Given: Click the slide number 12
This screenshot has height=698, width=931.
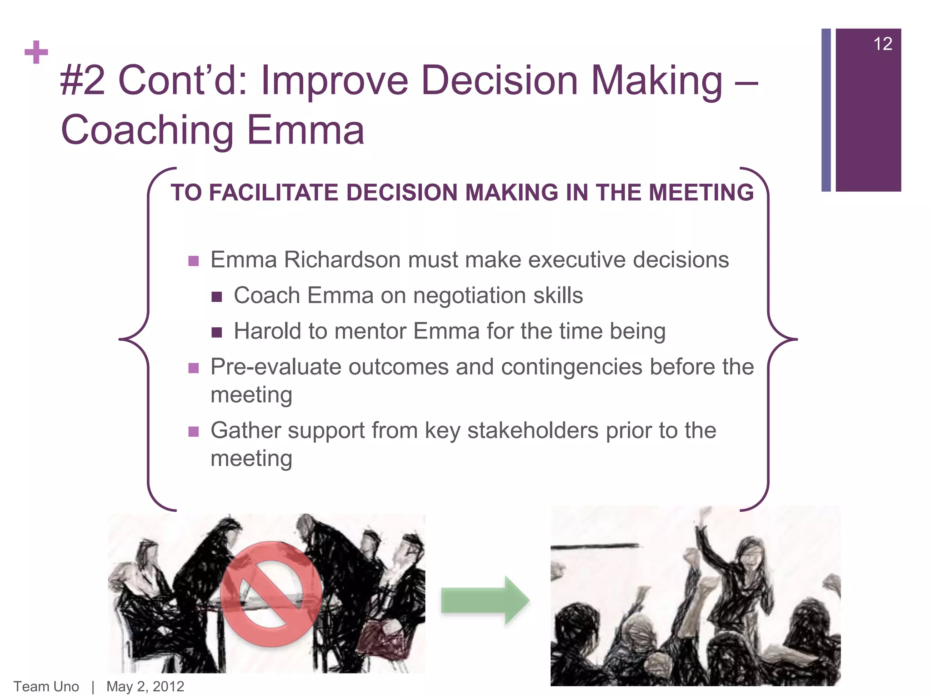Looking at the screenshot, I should (x=882, y=44).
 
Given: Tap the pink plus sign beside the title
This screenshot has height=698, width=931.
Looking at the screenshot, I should (x=36, y=52).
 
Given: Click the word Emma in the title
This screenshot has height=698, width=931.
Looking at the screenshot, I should (x=305, y=130).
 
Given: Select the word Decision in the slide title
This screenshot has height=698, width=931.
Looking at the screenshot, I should (x=499, y=81).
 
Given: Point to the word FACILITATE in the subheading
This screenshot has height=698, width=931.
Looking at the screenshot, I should (x=274, y=192).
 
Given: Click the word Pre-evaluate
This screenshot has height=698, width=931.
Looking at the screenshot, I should (x=275, y=367).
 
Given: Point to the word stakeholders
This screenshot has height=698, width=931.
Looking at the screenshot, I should (x=533, y=430).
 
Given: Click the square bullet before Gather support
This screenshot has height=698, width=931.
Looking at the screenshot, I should (x=194, y=431).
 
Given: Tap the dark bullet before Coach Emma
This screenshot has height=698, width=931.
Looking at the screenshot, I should (x=217, y=297).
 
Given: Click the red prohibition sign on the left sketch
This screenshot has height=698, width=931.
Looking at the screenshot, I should (x=271, y=593).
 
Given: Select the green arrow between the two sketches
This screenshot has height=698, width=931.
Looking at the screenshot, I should (x=485, y=600).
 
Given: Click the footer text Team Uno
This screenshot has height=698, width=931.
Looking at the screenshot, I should (x=46, y=686).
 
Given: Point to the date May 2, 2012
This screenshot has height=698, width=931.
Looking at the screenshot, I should (x=145, y=686).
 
